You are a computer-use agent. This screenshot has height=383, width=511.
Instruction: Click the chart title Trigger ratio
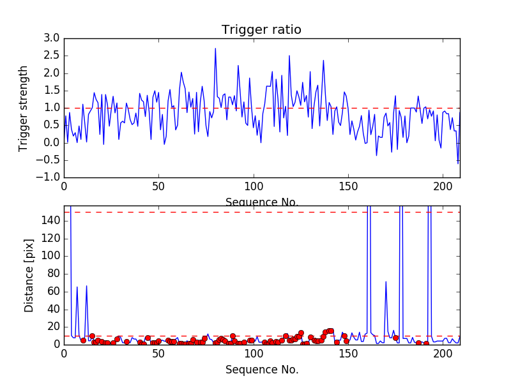coord(261,30)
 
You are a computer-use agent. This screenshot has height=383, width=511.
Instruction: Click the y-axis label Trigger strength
coord(24,108)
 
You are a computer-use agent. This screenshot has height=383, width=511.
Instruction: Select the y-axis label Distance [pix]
coord(29,275)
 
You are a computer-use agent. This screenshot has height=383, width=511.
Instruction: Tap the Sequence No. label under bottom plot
coord(262,370)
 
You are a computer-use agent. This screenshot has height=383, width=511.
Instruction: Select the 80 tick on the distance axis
coord(54,274)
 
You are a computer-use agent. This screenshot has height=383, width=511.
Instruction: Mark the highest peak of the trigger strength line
coord(215,49)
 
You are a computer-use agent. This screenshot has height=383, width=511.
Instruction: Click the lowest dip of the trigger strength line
coord(457,164)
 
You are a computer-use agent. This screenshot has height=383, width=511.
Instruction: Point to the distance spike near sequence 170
coord(386,282)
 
